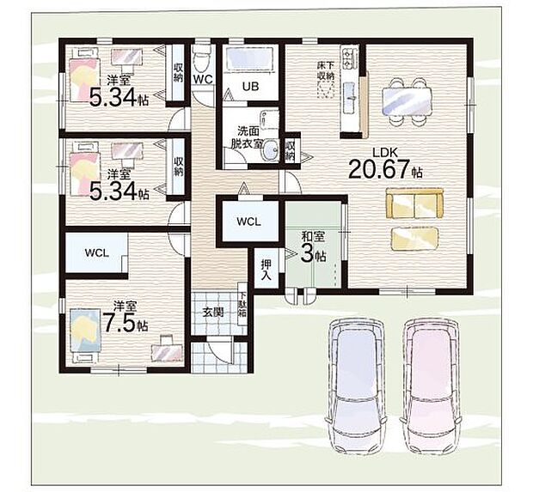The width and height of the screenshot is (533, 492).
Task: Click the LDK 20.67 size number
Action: pyautogui.click(x=377, y=169)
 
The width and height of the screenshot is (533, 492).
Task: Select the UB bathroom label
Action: pyautogui.click(x=250, y=86)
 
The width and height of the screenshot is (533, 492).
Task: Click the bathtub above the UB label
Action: pyautogui.click(x=249, y=58)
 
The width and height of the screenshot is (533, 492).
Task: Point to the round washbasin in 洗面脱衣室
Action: pyautogui.click(x=272, y=149)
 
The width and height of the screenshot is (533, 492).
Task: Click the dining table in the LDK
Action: pyautogui.click(x=407, y=102)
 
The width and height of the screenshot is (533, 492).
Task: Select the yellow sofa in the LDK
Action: pyautogui.click(x=414, y=203)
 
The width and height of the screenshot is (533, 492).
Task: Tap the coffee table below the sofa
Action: pyautogui.click(x=414, y=239)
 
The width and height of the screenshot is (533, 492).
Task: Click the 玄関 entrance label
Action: pyautogui.click(x=213, y=312)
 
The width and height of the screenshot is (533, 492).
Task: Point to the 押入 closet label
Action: pyautogui.click(x=266, y=270)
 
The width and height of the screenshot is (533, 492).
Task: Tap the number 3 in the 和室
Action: pyautogui.click(x=307, y=253)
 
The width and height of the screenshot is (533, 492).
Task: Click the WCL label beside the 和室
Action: pyautogui.click(x=248, y=222)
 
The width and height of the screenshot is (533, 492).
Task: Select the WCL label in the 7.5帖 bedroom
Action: pyautogui.click(x=97, y=253)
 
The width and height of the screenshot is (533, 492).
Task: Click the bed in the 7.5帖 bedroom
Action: pyautogui.click(x=85, y=336)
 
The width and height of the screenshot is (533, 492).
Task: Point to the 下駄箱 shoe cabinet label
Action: pyautogui.click(x=242, y=304)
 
